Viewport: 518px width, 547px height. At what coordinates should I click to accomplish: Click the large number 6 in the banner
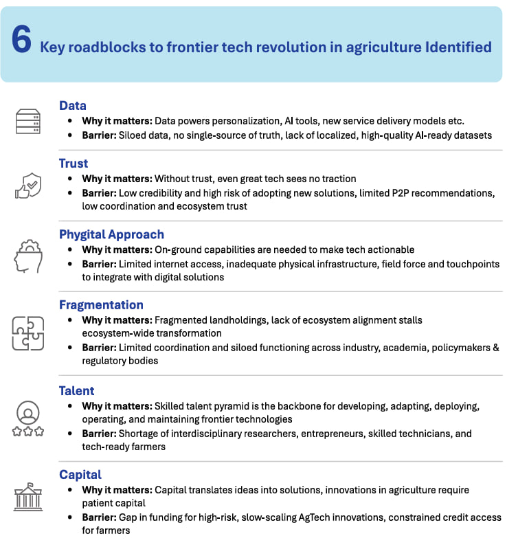(x=21, y=41)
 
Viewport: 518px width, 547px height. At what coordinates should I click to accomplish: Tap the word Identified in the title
(x=458, y=47)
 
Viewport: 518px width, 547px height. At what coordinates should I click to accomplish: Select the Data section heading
(x=73, y=106)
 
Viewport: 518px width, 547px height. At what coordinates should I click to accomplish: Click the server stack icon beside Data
(x=28, y=122)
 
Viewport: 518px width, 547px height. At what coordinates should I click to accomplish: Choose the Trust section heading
(x=74, y=164)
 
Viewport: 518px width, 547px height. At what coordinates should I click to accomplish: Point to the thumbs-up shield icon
(x=28, y=184)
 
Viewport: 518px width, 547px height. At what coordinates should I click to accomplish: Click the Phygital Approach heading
(x=111, y=234)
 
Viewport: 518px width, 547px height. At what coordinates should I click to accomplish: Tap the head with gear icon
(x=28, y=256)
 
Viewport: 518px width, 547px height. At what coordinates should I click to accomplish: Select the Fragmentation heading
(x=101, y=305)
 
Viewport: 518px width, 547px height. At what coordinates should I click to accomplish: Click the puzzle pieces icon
(x=28, y=333)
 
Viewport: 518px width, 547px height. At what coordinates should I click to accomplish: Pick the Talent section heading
(x=77, y=390)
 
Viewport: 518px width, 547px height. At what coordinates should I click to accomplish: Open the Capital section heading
(x=80, y=475)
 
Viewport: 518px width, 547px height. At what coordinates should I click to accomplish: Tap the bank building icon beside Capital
(x=28, y=497)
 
